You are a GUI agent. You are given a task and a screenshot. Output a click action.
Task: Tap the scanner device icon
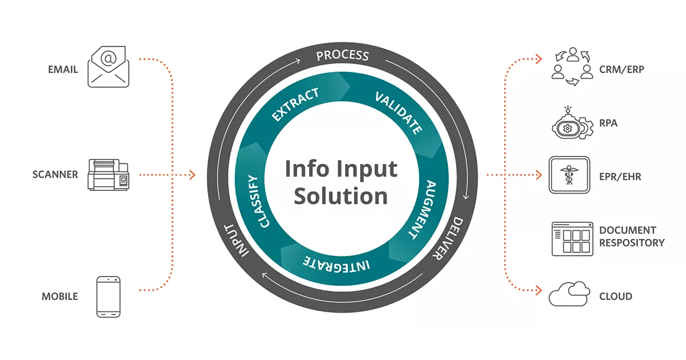(107, 174)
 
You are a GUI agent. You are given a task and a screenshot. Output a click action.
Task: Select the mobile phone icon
(108, 297)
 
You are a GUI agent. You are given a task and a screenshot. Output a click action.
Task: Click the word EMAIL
(63, 70)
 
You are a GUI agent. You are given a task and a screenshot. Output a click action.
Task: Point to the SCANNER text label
(55, 175)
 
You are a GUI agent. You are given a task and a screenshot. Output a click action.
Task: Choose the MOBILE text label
(59, 297)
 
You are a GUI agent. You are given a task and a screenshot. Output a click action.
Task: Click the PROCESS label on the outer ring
(342, 55)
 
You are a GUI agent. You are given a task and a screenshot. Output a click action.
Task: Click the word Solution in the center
(341, 196)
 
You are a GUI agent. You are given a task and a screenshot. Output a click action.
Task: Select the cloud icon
(569, 294)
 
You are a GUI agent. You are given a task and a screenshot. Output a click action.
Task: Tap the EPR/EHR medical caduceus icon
(569, 175)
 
